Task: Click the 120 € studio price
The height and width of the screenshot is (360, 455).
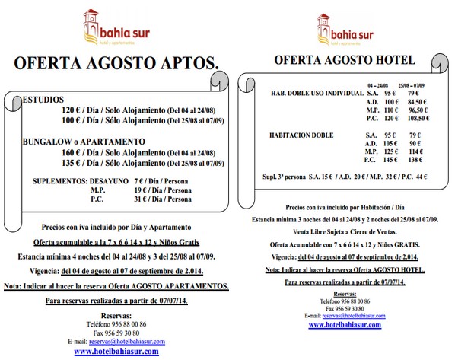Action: click(x=74, y=110)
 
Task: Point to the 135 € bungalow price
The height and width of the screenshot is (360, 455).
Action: click(x=74, y=162)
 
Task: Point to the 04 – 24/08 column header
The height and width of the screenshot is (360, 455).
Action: click(x=378, y=86)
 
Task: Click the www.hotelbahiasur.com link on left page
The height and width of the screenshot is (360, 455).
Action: click(x=116, y=352)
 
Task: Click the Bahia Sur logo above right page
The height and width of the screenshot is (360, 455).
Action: click(x=345, y=28)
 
